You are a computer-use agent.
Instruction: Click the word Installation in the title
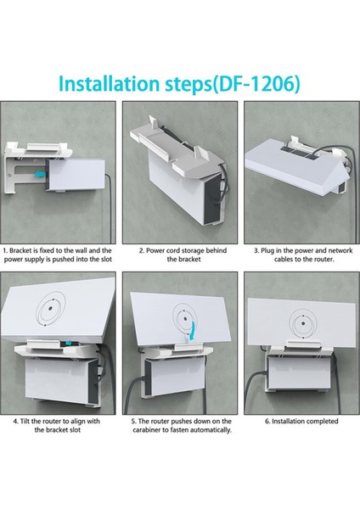pyautogui.click(x=110, y=84)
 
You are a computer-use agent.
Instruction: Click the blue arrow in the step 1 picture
pyautogui.click(x=40, y=175)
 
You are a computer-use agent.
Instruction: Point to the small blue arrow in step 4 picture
pyautogui.click(x=69, y=343)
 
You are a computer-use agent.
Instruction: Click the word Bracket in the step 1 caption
pyautogui.click(x=20, y=250)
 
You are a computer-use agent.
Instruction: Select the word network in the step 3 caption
pyautogui.click(x=340, y=250)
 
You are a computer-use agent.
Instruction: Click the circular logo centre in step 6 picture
pyautogui.click(x=303, y=324)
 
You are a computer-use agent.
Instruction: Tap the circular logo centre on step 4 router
pyautogui.click(x=51, y=309)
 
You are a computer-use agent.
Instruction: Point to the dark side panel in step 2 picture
pyautogui.click(x=212, y=198)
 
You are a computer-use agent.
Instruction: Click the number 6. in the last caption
pyautogui.click(x=267, y=422)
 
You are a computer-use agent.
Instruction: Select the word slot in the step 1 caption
pyautogui.click(x=105, y=260)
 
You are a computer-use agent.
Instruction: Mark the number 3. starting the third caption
pyautogui.click(x=256, y=250)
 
